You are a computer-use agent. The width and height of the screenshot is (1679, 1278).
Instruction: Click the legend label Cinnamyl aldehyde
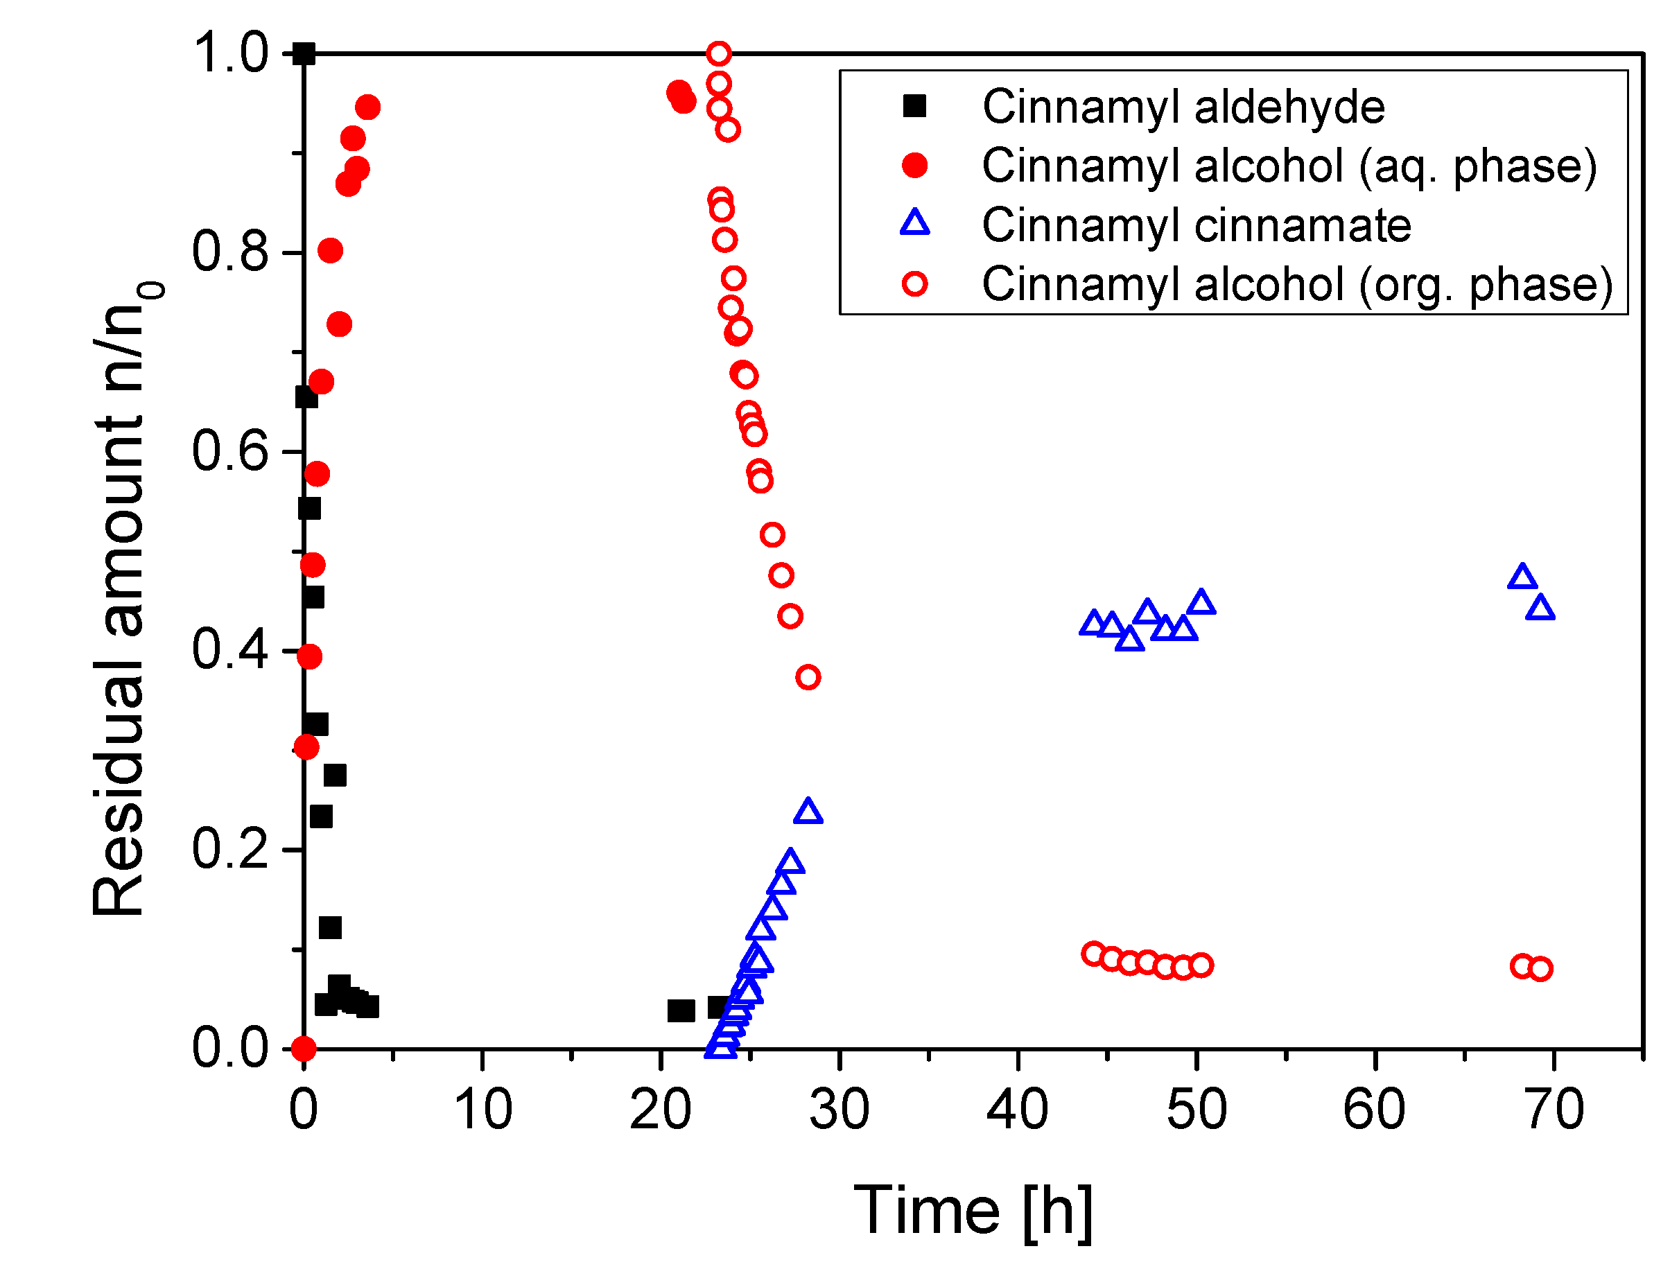click(1183, 107)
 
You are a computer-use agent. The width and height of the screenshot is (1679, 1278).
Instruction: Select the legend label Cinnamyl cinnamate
click(1196, 225)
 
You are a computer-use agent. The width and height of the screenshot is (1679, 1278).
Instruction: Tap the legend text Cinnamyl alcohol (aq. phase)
click(1289, 166)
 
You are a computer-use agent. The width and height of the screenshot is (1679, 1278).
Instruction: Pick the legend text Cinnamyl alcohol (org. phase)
click(1296, 285)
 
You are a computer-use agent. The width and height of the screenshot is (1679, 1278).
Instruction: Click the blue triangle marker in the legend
click(914, 225)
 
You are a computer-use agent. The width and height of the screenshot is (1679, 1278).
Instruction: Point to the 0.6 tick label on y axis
click(229, 451)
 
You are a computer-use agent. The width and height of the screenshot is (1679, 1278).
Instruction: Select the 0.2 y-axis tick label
click(229, 849)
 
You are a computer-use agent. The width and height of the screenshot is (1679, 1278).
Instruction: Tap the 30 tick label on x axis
click(839, 1110)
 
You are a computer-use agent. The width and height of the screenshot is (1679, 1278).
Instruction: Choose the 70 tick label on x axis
click(1554, 1110)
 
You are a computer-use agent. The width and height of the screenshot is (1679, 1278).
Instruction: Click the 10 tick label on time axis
click(482, 1110)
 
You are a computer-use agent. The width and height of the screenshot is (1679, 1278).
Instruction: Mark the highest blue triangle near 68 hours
click(1522, 577)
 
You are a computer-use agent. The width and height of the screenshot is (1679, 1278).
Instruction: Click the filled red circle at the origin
click(304, 1049)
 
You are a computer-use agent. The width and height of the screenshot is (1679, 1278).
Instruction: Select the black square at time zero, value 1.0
click(304, 54)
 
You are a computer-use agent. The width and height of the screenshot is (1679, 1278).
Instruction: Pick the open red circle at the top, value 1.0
click(719, 54)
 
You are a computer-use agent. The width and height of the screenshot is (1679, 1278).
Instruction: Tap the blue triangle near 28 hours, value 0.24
click(808, 812)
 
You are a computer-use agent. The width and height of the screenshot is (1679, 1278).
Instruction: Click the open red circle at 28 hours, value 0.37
click(808, 677)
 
